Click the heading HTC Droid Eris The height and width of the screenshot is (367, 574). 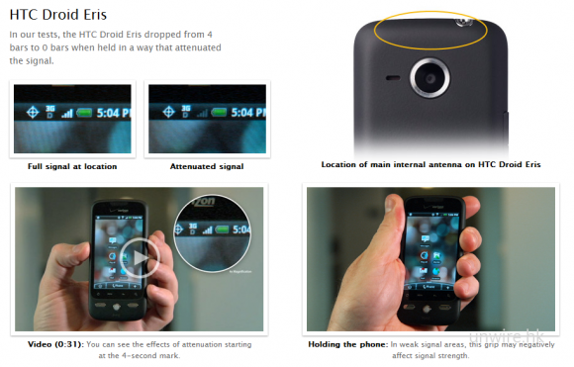[57, 15]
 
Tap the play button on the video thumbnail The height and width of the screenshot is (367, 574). [140, 257]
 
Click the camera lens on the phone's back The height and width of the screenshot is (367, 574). [430, 77]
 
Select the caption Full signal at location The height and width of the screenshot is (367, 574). [72, 166]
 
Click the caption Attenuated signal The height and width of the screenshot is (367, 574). [207, 166]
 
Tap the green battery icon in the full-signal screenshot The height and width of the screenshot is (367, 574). [84, 113]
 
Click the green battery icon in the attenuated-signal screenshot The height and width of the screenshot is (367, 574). [219, 112]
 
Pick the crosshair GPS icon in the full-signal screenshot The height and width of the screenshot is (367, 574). [33, 112]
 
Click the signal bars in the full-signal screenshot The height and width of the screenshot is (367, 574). [67, 114]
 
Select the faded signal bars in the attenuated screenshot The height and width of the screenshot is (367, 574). [202, 114]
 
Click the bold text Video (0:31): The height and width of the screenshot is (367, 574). [55, 344]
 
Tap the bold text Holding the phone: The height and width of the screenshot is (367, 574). [347, 344]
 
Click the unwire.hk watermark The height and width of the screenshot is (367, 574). [507, 336]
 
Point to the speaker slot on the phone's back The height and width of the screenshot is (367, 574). [393, 78]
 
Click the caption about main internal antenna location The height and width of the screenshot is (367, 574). [430, 164]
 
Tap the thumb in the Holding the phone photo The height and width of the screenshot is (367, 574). [394, 217]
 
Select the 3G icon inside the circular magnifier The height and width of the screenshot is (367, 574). [193, 229]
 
